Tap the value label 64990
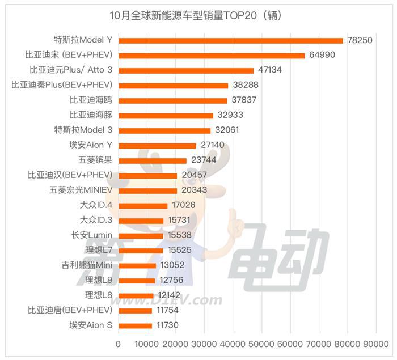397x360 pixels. [324, 56]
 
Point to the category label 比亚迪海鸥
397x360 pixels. [91, 100]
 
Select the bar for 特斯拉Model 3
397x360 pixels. [164, 130]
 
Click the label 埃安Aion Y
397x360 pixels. [90, 145]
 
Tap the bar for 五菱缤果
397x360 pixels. [153, 160]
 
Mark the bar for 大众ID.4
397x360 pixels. [143, 205]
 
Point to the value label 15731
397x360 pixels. [182, 220]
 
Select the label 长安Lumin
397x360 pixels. [91, 235]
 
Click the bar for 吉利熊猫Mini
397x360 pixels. [137, 265]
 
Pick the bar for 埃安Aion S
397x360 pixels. [135, 325]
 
